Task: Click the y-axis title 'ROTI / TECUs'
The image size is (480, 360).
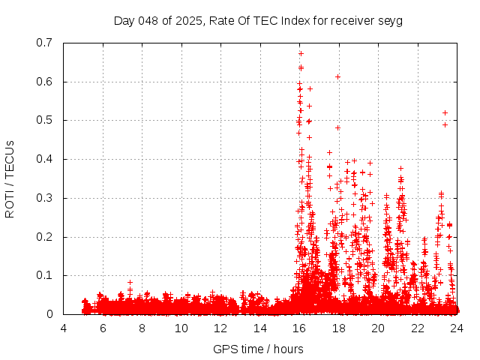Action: pyautogui.click(x=10, y=178)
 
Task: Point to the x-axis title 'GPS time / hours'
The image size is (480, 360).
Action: pyautogui.click(x=259, y=349)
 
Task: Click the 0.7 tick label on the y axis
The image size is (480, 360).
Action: pyautogui.click(x=47, y=43)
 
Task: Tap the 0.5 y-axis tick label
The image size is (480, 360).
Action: pyautogui.click(x=47, y=120)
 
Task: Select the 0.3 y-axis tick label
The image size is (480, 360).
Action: pyautogui.click(x=47, y=198)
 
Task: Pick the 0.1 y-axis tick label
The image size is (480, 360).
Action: pyautogui.click(x=47, y=275)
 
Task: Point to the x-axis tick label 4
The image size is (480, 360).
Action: pyautogui.click(x=64, y=328)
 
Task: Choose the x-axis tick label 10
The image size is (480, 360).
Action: pyautogui.click(x=181, y=328)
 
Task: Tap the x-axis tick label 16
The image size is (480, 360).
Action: pyautogui.click(x=299, y=328)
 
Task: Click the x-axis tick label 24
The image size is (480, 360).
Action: pyautogui.click(x=456, y=328)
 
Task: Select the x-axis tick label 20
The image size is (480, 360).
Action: pyautogui.click(x=378, y=328)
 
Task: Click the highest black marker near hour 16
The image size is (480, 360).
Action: pyautogui.click(x=301, y=53)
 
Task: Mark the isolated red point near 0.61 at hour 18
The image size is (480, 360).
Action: pyautogui.click(x=337, y=76)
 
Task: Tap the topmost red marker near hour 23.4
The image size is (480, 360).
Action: pyautogui.click(x=445, y=112)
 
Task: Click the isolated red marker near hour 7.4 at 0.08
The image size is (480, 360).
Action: pyautogui.click(x=130, y=282)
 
